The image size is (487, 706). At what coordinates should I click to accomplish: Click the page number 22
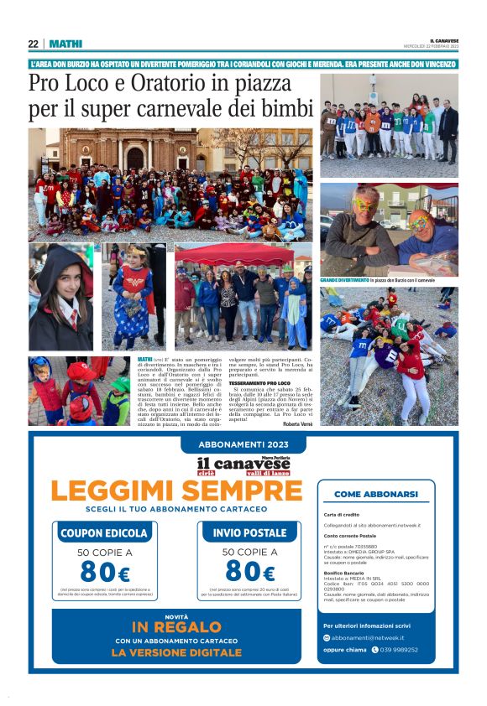point(33,44)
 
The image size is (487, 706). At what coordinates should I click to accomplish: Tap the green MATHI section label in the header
point(65,44)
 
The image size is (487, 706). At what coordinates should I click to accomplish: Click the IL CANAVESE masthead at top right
point(444,40)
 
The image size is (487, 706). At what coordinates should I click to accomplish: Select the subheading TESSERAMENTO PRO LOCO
point(254,383)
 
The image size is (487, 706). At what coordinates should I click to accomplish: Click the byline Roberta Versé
point(293,424)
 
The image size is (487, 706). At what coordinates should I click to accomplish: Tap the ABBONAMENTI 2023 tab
point(243,444)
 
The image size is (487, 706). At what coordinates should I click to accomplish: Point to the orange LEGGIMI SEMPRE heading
point(175,490)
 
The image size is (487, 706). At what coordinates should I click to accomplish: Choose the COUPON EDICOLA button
point(105,532)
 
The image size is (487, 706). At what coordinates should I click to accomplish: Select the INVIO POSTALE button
point(250,532)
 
